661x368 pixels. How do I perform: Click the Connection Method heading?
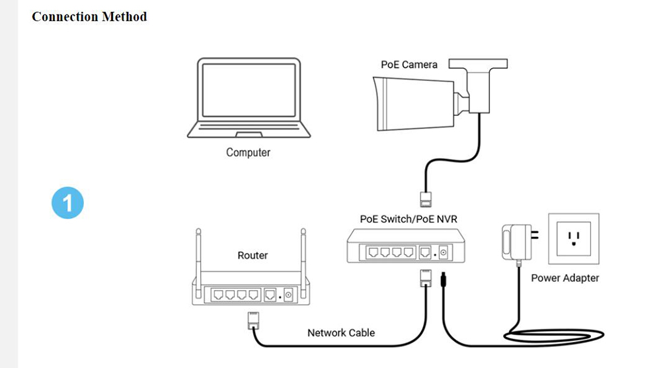pos(89,17)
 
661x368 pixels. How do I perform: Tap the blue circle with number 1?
pos(67,202)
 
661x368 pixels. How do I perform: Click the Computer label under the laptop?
pos(248,152)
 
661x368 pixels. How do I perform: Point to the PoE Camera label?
pos(409,64)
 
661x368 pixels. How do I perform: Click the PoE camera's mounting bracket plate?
pos(479,64)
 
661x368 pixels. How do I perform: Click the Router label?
pos(253,255)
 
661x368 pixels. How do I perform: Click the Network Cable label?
pos(341,332)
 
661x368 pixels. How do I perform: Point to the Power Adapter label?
pos(565,278)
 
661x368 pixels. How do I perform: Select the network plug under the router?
pos(253,320)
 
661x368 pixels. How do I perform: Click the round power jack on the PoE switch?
pos(443,252)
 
